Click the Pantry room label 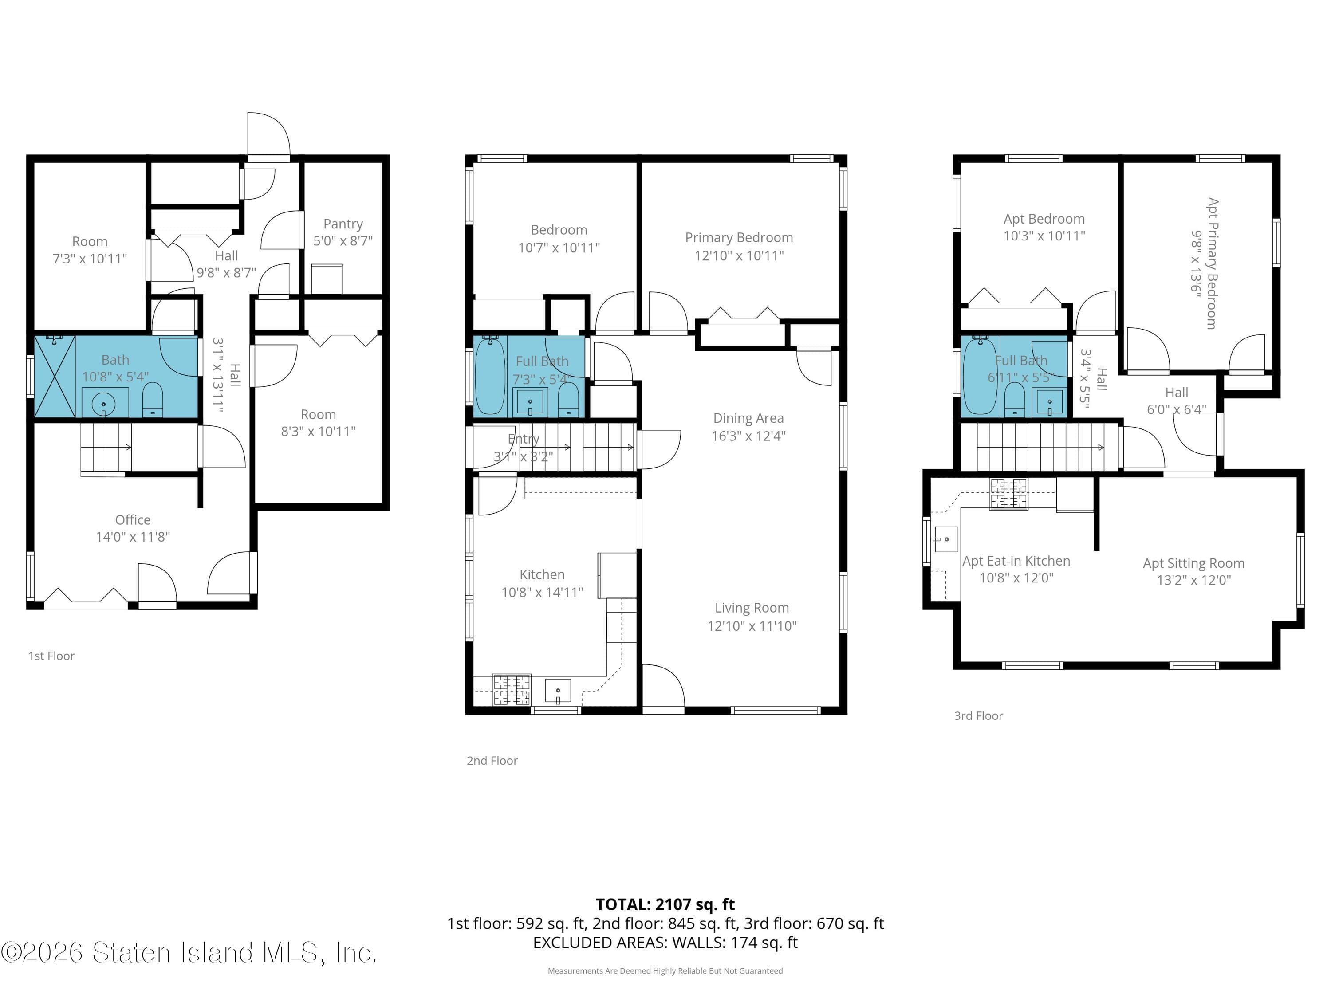click(343, 224)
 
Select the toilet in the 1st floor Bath click(152, 400)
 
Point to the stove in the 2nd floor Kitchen click(512, 689)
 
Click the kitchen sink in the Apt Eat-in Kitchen click(945, 539)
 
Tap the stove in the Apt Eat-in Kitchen click(1008, 494)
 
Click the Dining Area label click(748, 418)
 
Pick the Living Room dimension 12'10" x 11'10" click(752, 625)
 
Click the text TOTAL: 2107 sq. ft click(665, 904)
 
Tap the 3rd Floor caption click(978, 716)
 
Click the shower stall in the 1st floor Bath click(55, 377)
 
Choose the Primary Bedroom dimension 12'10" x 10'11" click(739, 255)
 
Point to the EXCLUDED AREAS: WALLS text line click(665, 942)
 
